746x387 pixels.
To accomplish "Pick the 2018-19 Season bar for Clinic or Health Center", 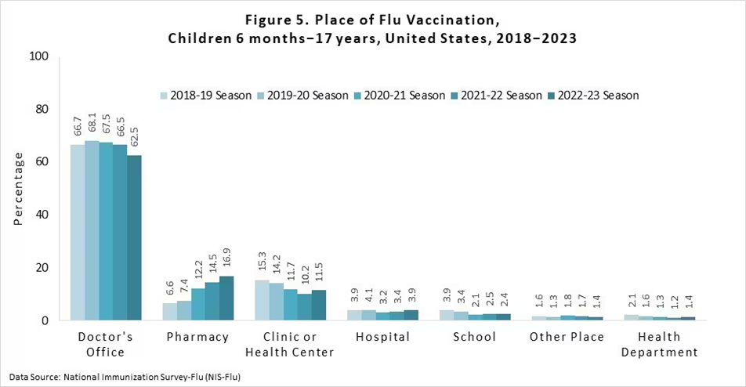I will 262,300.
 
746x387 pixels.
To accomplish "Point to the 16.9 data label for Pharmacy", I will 227,259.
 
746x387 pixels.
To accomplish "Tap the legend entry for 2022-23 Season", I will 593,96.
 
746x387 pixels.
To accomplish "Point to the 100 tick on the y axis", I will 39,56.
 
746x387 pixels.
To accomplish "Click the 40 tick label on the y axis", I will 42,215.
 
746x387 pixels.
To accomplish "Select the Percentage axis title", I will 18,188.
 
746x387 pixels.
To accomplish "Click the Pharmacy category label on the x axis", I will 198,337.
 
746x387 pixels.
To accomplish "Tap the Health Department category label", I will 659,345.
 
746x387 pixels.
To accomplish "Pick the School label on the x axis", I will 474,337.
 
